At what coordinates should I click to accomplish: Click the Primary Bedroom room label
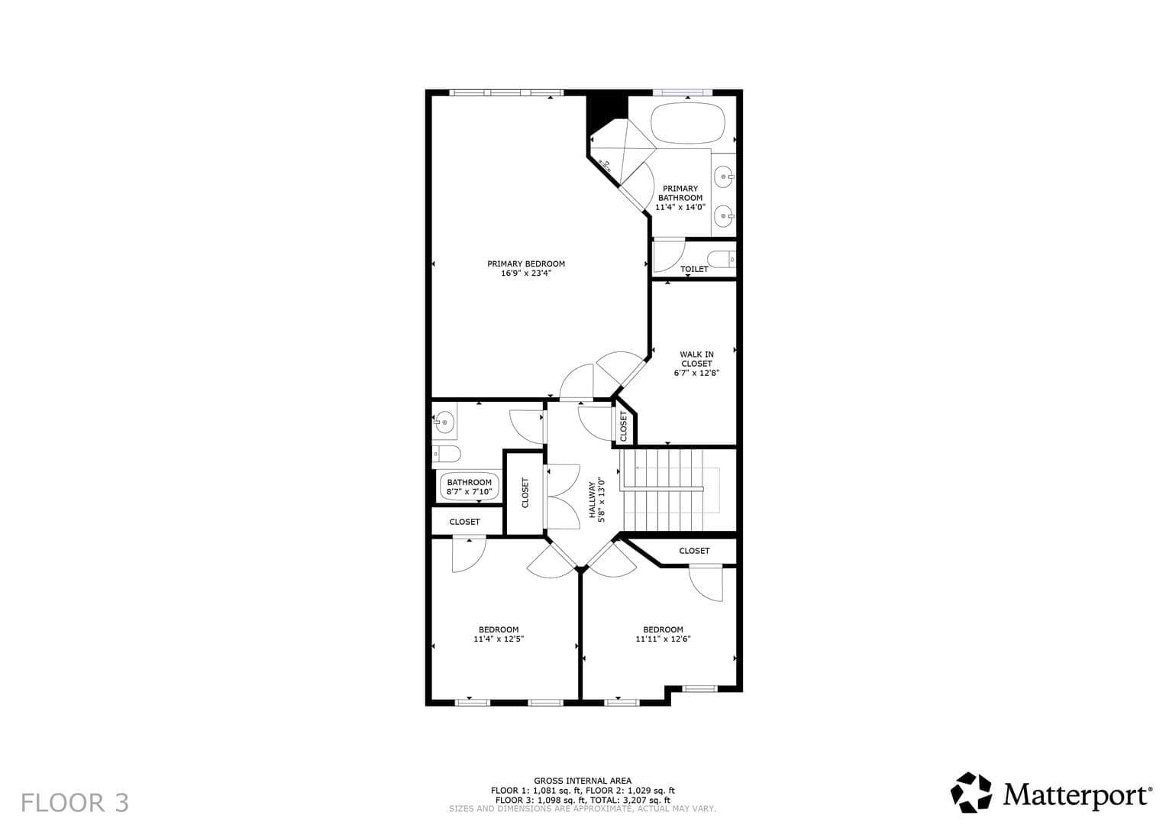click(x=526, y=268)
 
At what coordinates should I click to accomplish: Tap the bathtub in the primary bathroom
click(x=688, y=122)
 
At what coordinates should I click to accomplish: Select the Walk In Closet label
click(x=696, y=364)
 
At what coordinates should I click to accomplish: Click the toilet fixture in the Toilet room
click(x=722, y=259)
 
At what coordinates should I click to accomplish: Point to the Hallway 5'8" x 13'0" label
click(x=597, y=500)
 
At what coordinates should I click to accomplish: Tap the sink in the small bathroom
click(x=444, y=422)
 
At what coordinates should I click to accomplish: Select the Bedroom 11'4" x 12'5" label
click(x=499, y=634)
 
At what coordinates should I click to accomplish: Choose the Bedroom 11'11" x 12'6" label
click(x=663, y=634)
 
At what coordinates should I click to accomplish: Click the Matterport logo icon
click(x=971, y=792)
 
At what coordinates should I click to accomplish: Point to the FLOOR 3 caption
click(x=75, y=803)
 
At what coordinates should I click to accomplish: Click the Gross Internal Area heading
click(x=583, y=781)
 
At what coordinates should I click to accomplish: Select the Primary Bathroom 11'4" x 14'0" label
click(x=680, y=197)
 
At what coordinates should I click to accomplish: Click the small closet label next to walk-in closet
click(x=623, y=426)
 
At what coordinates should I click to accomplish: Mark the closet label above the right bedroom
click(x=694, y=551)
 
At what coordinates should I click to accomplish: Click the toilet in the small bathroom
click(x=447, y=455)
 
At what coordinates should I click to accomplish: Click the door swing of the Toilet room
click(x=670, y=256)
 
